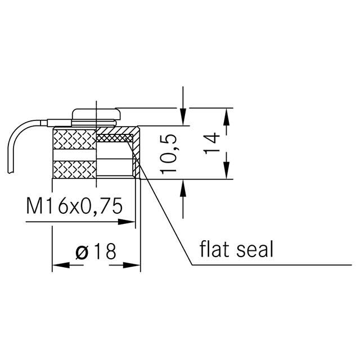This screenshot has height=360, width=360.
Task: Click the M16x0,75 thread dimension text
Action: [x=74, y=206]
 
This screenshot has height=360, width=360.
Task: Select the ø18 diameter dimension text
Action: [x=96, y=251]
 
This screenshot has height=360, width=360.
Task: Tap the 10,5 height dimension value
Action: [x=169, y=153]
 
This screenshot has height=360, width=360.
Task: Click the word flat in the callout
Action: [x=217, y=249]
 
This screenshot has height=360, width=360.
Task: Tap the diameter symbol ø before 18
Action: [x=82, y=252]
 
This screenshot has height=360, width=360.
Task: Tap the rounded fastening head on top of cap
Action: [x=96, y=114]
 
